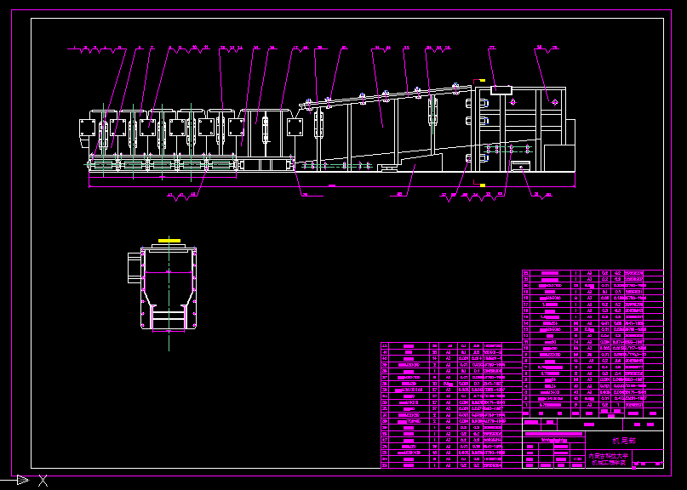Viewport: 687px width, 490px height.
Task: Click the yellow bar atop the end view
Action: tap(169, 242)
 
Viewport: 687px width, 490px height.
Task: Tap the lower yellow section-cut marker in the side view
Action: tap(482, 183)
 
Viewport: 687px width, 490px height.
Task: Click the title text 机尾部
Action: tap(624, 441)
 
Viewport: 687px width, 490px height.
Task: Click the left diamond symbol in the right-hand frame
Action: tap(512, 101)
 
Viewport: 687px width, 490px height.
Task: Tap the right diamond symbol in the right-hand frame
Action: tap(554, 101)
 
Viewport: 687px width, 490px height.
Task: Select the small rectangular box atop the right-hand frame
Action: tap(500, 88)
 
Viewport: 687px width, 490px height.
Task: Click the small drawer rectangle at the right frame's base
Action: tap(519, 164)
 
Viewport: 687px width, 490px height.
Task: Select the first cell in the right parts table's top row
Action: tap(526, 273)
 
